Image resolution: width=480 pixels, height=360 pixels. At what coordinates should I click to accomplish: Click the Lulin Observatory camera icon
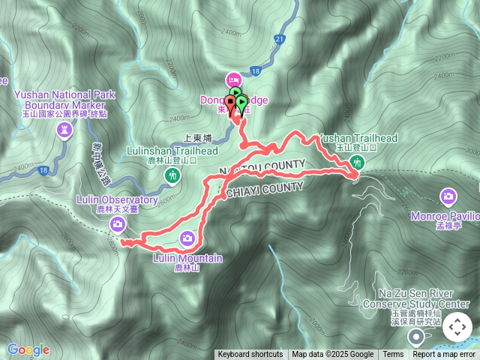pyautogui.click(x=118, y=224)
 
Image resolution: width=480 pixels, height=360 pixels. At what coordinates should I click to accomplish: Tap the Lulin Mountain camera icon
pyautogui.click(x=187, y=238)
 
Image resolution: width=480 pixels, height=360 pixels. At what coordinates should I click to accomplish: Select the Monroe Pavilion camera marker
pyautogui.click(x=448, y=196)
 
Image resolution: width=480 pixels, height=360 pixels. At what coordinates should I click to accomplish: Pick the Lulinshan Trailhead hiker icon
pyautogui.click(x=172, y=175)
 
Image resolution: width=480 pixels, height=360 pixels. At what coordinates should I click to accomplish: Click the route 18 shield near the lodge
pyautogui.click(x=255, y=70)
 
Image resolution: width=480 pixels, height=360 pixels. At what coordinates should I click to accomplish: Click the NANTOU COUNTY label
pyautogui.click(x=262, y=168)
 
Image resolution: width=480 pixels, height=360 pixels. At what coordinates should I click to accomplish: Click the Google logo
pyautogui.click(x=28, y=349)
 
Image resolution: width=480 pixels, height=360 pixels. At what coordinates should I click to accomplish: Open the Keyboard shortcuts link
pyautogui.click(x=250, y=355)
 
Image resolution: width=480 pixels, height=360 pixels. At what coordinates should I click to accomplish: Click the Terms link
pyautogui.click(x=393, y=355)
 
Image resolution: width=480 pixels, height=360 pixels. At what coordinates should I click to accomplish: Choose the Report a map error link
pyautogui.click(x=444, y=355)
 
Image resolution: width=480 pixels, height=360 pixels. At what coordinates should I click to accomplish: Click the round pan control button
pyautogui.click(x=457, y=328)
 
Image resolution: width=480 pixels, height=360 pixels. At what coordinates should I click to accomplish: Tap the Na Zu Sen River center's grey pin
pyautogui.click(x=416, y=336)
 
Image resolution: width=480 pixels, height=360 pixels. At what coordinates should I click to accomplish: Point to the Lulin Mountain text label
pyautogui.click(x=187, y=259)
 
